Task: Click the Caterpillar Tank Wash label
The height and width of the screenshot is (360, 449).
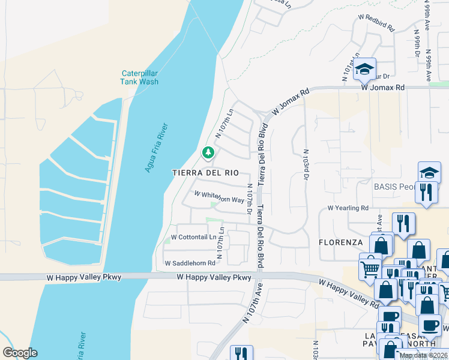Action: click(139, 77)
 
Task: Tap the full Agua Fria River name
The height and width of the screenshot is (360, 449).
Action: click(156, 148)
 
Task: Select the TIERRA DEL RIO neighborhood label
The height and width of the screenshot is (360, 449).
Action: click(205, 172)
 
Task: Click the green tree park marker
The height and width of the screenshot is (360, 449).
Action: click(208, 153)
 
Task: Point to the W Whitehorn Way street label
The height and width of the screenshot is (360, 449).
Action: click(219, 196)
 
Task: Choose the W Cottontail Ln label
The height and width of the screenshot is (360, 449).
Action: click(193, 237)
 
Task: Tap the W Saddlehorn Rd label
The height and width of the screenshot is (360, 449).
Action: click(190, 263)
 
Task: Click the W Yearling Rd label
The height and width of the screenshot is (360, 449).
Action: click(348, 208)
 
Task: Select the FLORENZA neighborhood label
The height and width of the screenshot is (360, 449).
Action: click(340, 242)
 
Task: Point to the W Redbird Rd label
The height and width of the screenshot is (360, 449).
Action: click(377, 26)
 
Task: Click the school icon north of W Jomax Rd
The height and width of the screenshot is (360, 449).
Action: click(364, 70)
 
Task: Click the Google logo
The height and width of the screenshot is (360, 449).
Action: click(20, 353)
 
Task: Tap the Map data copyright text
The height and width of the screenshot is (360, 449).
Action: click(423, 355)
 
